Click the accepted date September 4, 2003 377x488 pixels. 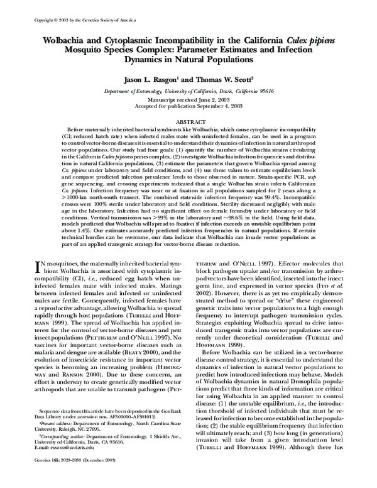click(212, 106)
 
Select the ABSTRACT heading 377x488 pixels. click(188, 120)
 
